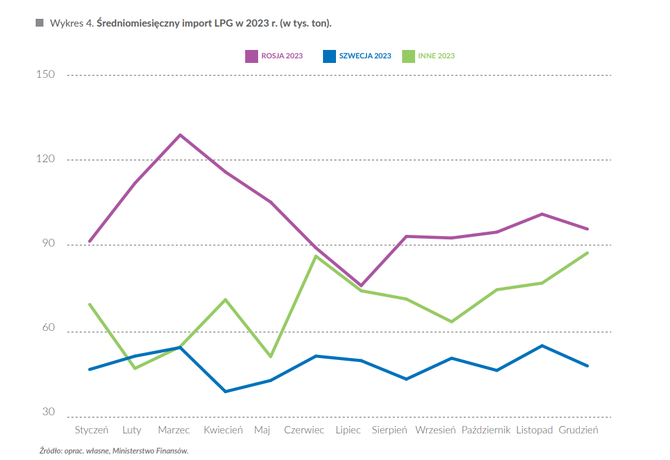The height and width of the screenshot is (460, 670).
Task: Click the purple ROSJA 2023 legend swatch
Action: [x=251, y=56]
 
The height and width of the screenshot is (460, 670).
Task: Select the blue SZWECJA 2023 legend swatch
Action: [x=329, y=56]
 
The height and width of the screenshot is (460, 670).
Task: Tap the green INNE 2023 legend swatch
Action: [x=408, y=56]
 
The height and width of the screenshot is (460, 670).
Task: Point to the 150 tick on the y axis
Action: [x=45, y=75]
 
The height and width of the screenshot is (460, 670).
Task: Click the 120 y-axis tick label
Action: [x=45, y=159]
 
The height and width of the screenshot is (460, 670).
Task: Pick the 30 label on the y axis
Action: [x=49, y=412]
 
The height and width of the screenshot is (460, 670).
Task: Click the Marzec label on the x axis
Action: [x=174, y=430]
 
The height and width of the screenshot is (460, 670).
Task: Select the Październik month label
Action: [x=486, y=430]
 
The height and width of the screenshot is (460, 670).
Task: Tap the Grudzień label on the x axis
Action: [x=578, y=430]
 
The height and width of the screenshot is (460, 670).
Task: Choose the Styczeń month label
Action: [x=91, y=430]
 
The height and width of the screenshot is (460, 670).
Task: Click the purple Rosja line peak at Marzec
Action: [x=180, y=135]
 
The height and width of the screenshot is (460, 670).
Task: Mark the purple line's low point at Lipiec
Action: [x=361, y=285]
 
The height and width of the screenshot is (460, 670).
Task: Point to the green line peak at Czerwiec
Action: [x=316, y=256]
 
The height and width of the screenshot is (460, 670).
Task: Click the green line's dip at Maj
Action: [x=270, y=357]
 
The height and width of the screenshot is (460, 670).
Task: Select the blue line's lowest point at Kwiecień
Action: [x=226, y=392]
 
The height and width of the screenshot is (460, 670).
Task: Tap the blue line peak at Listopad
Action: [x=542, y=346]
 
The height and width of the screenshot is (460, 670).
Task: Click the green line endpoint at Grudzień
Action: [x=588, y=252]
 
